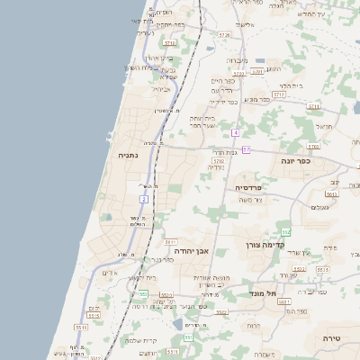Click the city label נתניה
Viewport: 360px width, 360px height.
pyautogui.click(x=128, y=156)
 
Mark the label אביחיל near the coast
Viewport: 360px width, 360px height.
pyautogui.click(x=161, y=89)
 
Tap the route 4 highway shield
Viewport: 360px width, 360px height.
pyautogui.click(x=235, y=133)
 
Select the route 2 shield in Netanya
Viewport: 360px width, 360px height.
pyautogui.click(x=143, y=198)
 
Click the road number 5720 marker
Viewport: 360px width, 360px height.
pyautogui.click(x=223, y=35)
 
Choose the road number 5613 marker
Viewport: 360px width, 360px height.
pyautogui.click(x=331, y=193)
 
